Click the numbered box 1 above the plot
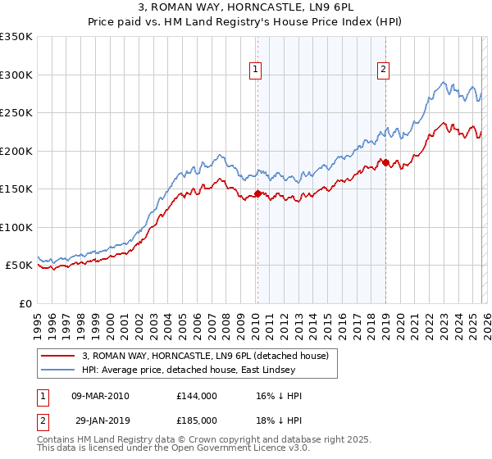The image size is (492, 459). click(257, 70)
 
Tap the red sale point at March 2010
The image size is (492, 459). click(257, 193)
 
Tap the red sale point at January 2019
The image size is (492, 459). click(385, 162)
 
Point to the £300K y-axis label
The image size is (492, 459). click(16, 75)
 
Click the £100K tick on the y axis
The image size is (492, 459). click(16, 227)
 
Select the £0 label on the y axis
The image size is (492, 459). click(26, 303)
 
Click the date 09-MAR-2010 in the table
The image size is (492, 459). click(101, 396)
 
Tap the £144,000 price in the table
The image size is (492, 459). click(196, 396)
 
